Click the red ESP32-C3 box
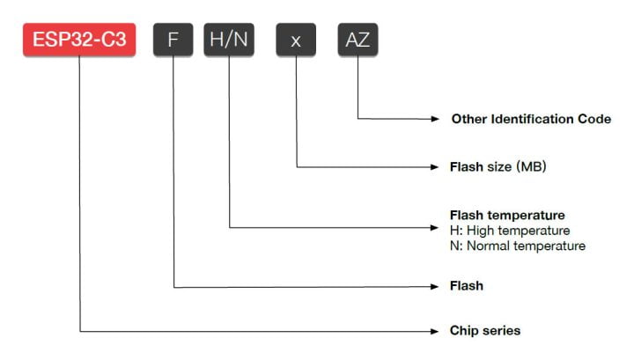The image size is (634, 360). tap(79, 40)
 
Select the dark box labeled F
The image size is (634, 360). tap(173, 40)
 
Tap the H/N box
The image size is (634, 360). tap(229, 40)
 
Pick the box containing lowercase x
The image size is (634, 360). tap(296, 40)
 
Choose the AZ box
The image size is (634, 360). tap(358, 40)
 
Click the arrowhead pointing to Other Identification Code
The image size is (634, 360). tap(435, 119)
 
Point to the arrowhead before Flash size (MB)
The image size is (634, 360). tap(435, 167)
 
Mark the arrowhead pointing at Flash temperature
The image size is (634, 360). tap(435, 228)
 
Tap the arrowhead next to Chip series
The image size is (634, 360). tap(435, 331)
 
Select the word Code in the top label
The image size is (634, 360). tap(594, 119)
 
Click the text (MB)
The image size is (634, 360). tap(531, 166)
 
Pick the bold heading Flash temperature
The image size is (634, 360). tap(507, 215)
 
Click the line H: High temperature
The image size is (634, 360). tap(510, 231)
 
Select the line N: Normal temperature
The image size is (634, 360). tap(518, 246)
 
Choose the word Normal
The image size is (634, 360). tap(489, 246)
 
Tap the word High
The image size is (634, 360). tap(481, 231)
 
